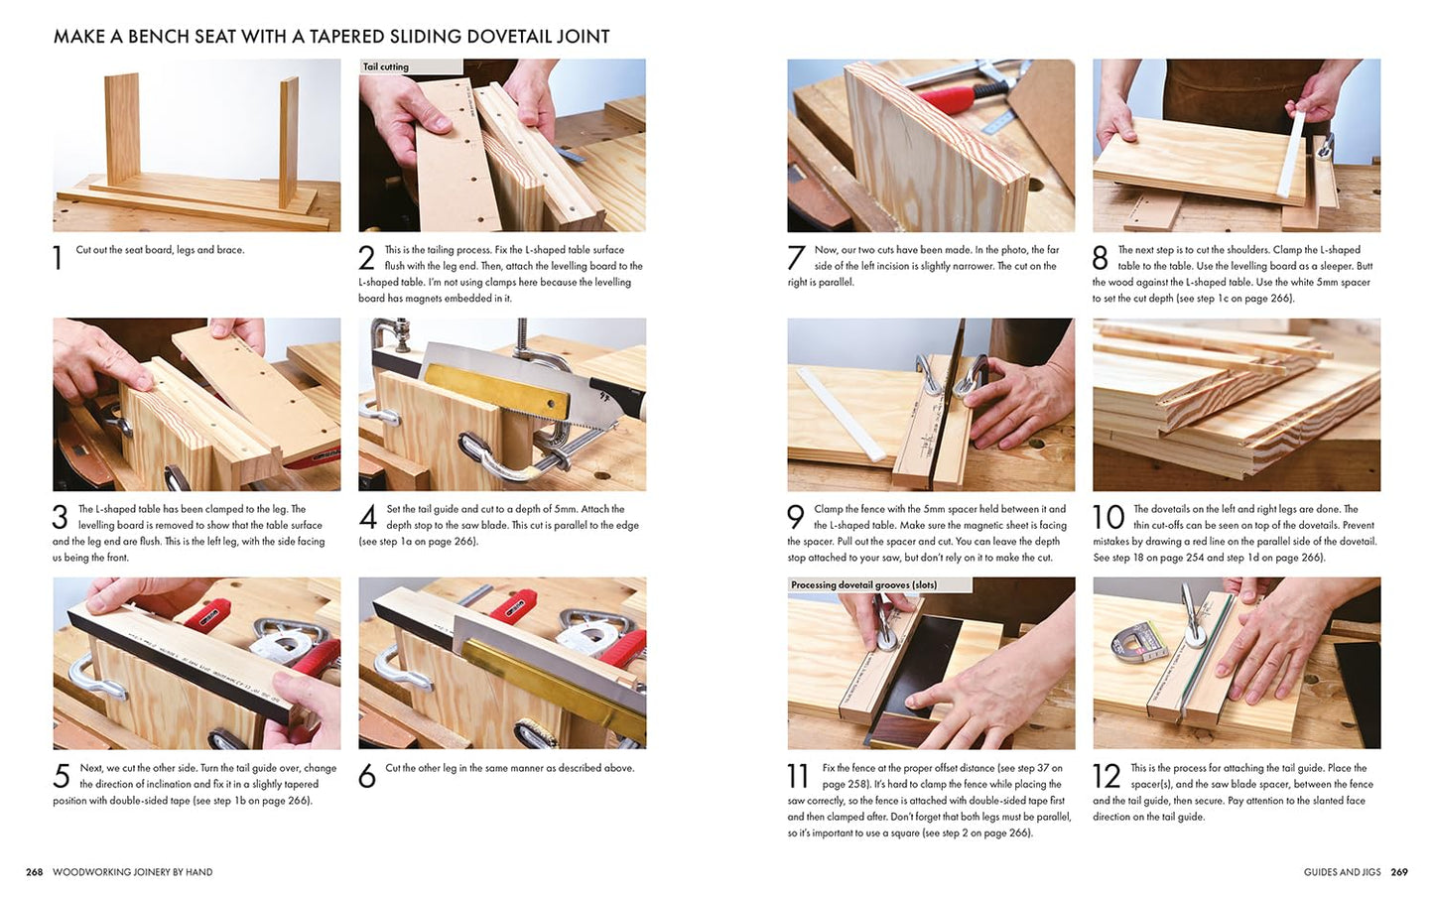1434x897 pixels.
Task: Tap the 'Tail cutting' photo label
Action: tap(386, 66)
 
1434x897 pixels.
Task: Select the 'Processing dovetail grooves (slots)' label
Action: tap(863, 585)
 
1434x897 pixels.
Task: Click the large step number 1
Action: tap(58, 258)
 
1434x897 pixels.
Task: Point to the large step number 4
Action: tap(367, 517)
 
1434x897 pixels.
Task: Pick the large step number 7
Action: tap(796, 258)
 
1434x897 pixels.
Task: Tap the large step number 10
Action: tap(1108, 517)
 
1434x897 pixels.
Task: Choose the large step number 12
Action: tap(1107, 776)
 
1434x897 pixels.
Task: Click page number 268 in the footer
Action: tap(34, 872)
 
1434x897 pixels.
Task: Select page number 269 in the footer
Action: tap(1399, 872)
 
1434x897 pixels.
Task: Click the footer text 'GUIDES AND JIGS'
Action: tap(1342, 872)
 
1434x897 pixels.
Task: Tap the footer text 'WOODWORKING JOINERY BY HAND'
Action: tap(132, 872)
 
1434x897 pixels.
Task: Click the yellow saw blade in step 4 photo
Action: tap(496, 391)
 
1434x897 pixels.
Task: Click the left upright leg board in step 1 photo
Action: tap(122, 129)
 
